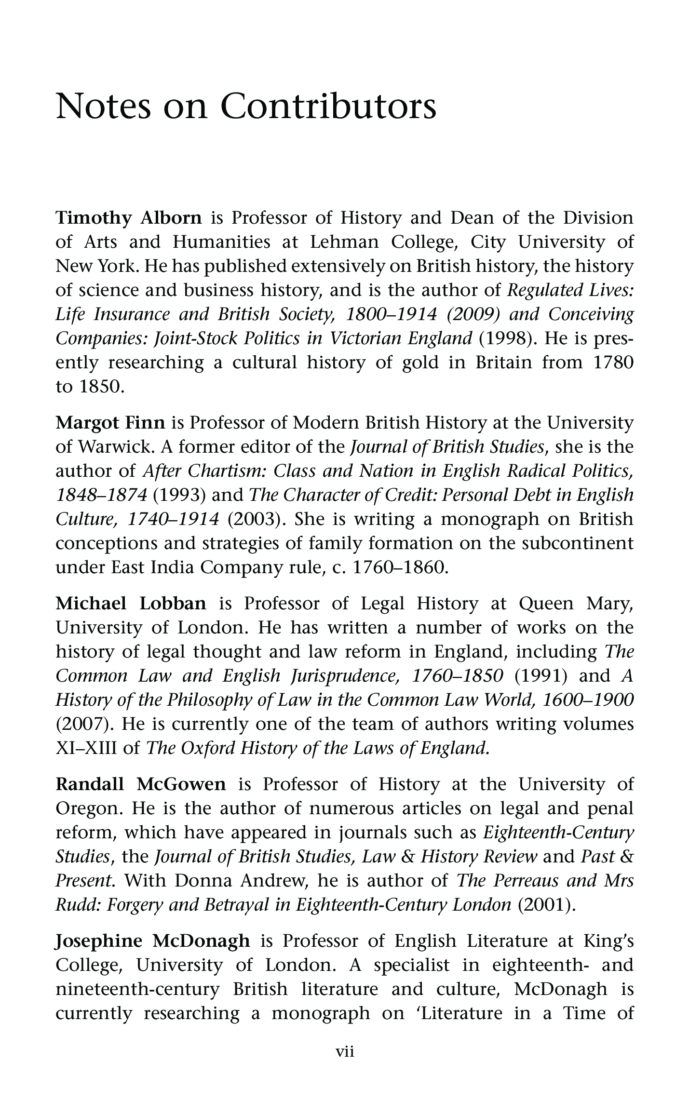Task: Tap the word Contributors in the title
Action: (329, 107)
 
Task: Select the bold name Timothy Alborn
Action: (129, 218)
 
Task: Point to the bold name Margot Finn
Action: (110, 423)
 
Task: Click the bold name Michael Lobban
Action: (131, 604)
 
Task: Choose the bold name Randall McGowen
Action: (141, 784)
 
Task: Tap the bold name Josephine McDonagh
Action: (153, 941)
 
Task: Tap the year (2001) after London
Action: (546, 905)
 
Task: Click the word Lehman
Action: (344, 242)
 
